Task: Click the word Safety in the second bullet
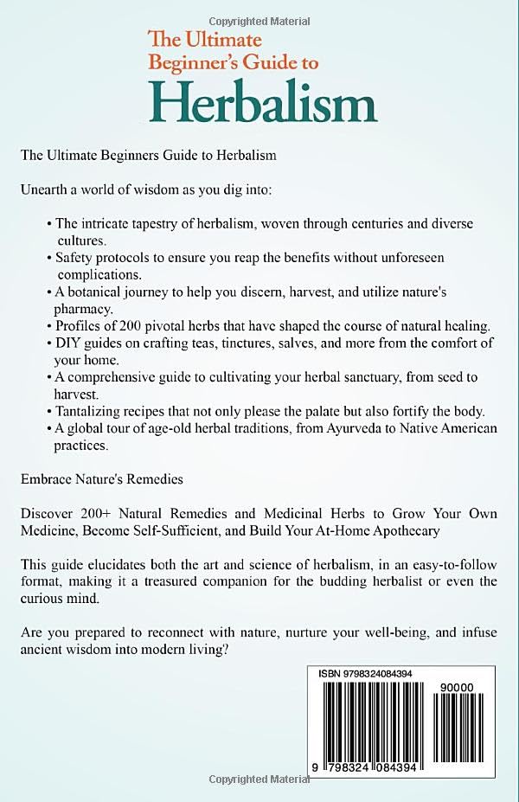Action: (x=74, y=258)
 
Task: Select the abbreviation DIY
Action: (x=67, y=343)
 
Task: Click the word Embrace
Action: (x=46, y=478)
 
